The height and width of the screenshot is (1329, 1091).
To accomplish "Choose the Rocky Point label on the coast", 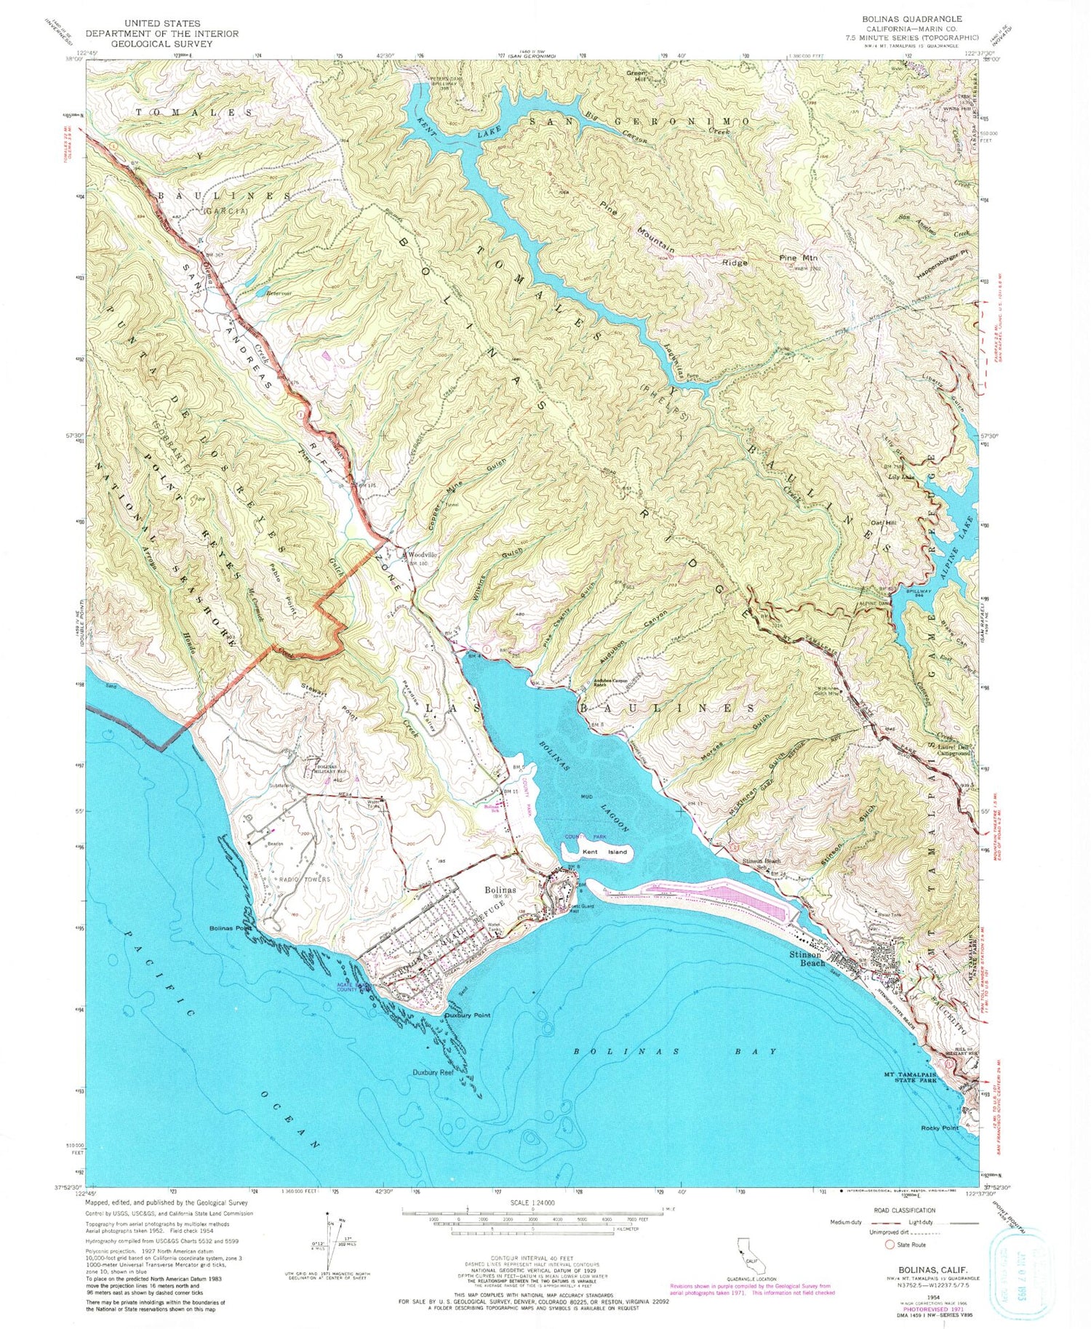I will tap(940, 1128).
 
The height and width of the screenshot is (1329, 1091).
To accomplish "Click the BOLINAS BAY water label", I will tap(674, 1051).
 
